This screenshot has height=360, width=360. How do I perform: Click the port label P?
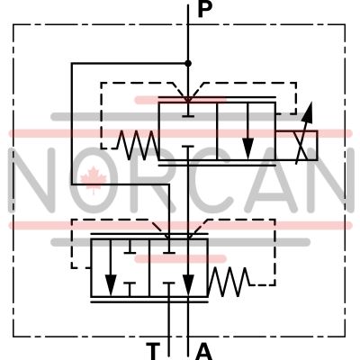coord(205,10)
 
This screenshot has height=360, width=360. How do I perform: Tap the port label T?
coord(153,351)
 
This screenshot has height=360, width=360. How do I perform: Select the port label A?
coord(203,352)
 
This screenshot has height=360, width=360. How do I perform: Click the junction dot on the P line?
coord(188,63)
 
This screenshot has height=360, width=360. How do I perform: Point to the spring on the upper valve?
coord(138,145)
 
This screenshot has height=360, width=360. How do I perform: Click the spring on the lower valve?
coord(229,282)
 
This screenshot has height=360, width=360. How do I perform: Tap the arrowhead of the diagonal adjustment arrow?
coord(308,112)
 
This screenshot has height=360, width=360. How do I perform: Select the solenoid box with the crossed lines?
coord(296,146)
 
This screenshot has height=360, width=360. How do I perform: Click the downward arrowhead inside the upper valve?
coord(247,148)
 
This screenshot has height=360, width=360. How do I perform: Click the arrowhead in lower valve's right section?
coord(188,285)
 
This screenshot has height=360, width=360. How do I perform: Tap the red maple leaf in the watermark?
coord(94,180)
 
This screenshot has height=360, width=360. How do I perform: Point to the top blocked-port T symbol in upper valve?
coord(188,111)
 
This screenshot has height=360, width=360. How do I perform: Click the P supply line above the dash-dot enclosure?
coord(188,14)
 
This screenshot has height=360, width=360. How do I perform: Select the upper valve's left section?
coord(188,131)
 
